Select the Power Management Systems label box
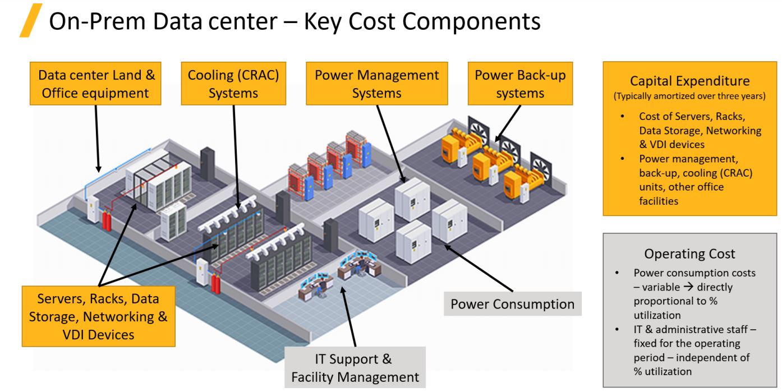tap(377, 84)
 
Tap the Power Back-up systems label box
tap(520, 84)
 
